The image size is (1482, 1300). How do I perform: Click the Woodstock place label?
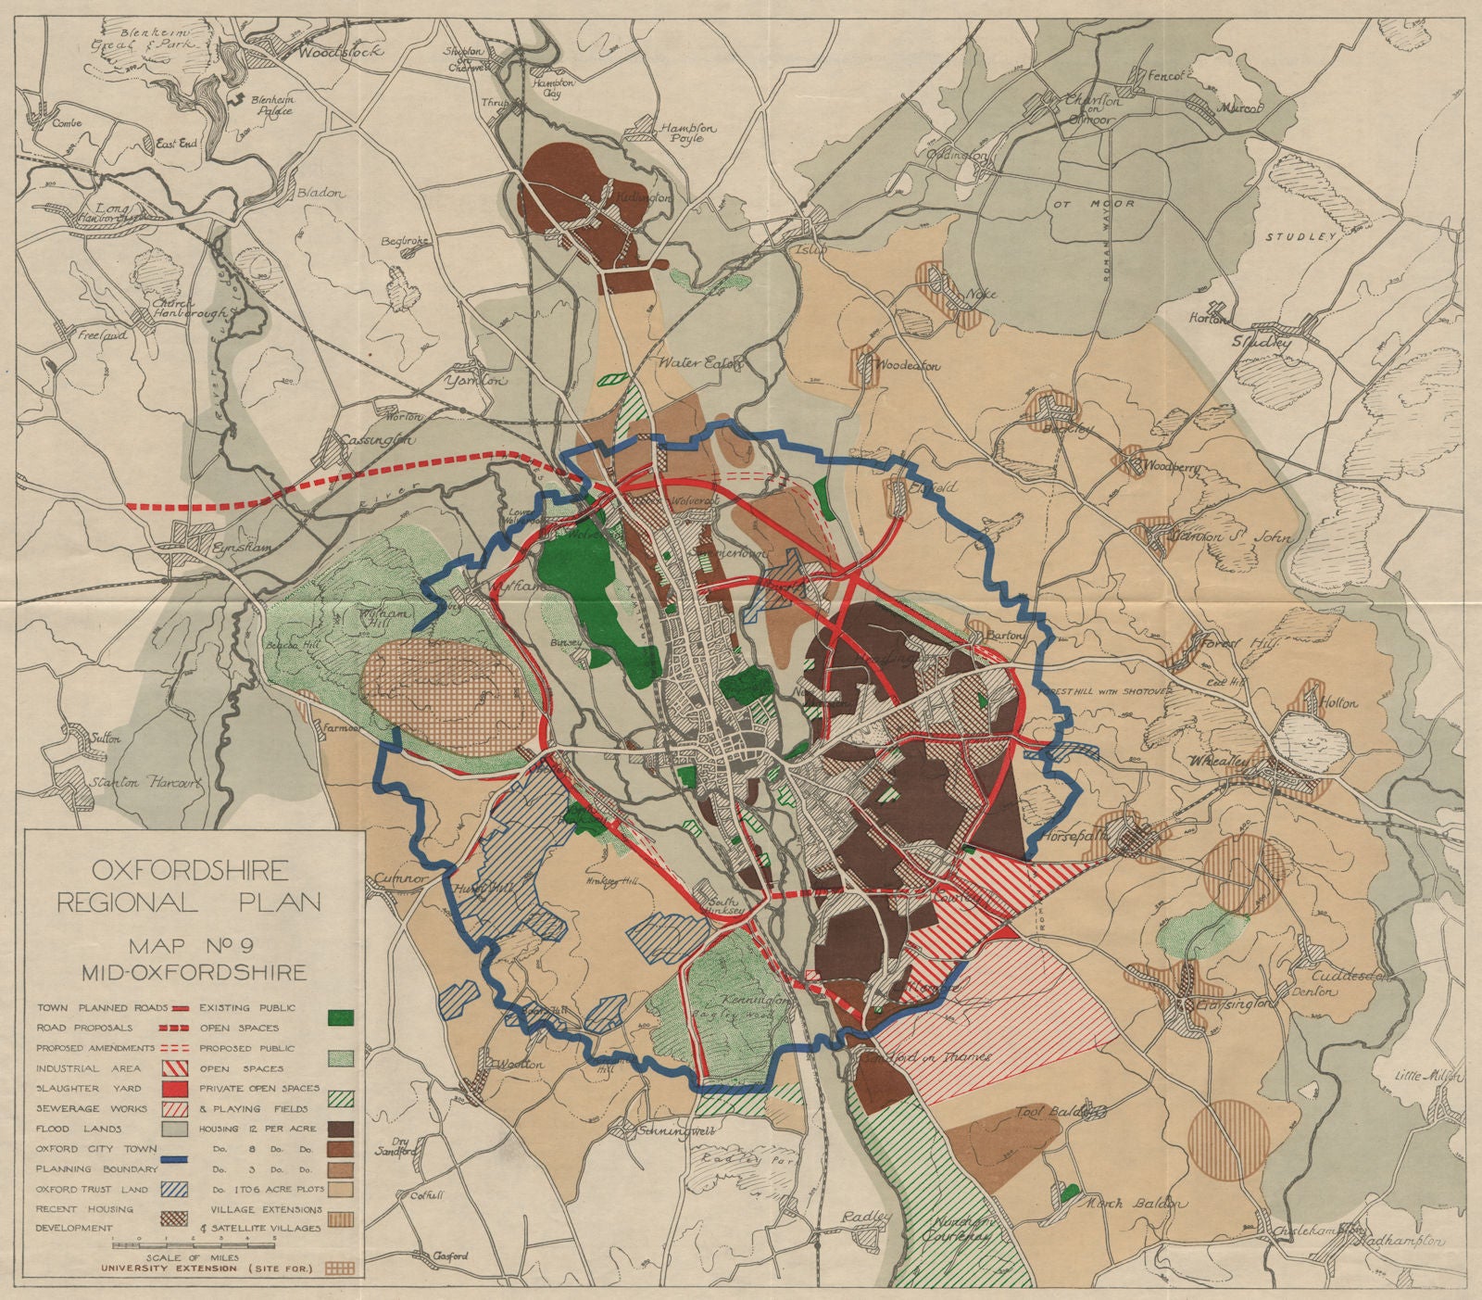[x=330, y=53]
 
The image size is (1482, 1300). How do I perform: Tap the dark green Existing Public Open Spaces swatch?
[x=342, y=1016]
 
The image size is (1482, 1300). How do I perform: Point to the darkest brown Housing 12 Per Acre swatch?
[x=342, y=1129]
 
